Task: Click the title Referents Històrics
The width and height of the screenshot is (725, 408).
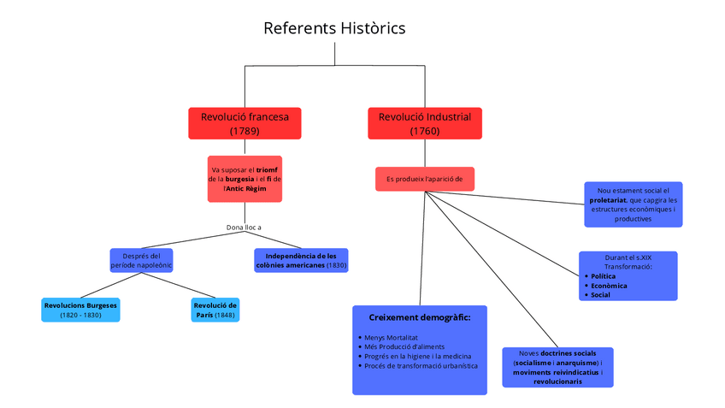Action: [x=334, y=28]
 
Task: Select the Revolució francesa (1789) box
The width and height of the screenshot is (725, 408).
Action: [x=245, y=123]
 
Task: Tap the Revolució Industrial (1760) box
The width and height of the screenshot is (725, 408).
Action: [x=424, y=123]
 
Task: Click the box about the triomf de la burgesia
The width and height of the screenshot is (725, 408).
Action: [x=245, y=179]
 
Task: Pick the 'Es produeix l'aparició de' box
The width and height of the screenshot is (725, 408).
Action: [x=424, y=179]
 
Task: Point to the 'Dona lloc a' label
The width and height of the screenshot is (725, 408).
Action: [x=244, y=228]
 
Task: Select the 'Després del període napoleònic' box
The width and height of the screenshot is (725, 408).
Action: [x=141, y=260]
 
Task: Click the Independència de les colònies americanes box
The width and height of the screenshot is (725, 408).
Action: [x=301, y=260]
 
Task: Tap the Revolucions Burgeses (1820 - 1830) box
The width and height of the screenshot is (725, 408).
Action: [x=80, y=310]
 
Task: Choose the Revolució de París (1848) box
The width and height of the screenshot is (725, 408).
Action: [x=214, y=310]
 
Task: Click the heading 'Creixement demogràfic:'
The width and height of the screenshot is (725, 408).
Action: [x=420, y=317]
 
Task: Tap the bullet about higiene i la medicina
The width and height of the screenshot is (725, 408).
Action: [x=417, y=357]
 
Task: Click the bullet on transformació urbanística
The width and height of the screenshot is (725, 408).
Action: [x=421, y=366]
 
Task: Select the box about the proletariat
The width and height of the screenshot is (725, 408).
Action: [x=633, y=204]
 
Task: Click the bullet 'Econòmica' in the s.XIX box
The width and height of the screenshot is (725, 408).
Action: [x=609, y=286]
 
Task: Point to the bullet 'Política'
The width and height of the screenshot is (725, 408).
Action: [x=603, y=276]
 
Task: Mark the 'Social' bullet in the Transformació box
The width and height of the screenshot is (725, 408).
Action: [x=600, y=295]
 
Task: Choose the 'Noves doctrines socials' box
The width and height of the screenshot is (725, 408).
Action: [x=557, y=367]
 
